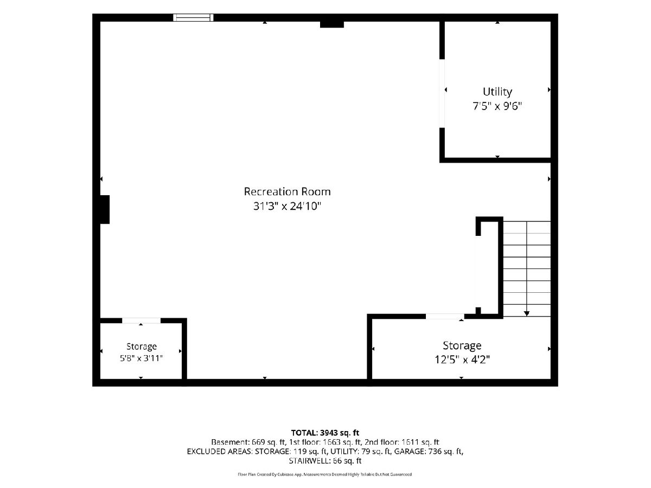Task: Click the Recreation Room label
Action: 287,192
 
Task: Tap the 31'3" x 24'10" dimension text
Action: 287,206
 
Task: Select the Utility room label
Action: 497,92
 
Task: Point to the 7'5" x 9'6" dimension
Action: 497,106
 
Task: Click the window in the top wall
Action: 193,17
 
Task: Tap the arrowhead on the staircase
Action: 526,313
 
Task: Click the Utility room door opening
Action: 442,93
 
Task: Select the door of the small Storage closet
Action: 141,320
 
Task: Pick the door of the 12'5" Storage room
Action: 445,317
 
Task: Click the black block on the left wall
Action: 105,209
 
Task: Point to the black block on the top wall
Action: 332,24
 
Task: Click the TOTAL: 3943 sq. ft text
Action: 325,433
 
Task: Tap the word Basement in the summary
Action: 230,442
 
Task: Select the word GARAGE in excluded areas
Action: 410,451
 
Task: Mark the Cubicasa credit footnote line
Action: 325,474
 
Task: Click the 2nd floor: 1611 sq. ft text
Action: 401,442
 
